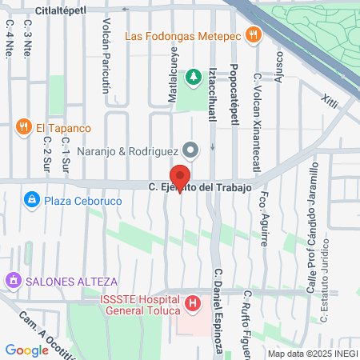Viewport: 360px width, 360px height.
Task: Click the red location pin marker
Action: [180, 178]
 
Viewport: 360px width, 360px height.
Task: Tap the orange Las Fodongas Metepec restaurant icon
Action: [254, 34]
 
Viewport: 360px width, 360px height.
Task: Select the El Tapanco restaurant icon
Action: [22, 127]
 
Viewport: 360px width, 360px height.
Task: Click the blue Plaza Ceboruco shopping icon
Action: [31, 198]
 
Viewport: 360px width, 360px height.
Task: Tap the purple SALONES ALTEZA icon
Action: [12, 281]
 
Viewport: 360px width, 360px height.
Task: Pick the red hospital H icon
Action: [193, 304]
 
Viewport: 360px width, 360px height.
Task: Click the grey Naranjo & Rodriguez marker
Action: [190, 149]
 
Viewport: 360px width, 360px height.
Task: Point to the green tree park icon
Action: [193, 78]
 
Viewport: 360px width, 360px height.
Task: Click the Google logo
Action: [26, 350]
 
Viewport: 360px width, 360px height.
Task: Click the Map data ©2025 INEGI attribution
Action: [312, 353]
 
